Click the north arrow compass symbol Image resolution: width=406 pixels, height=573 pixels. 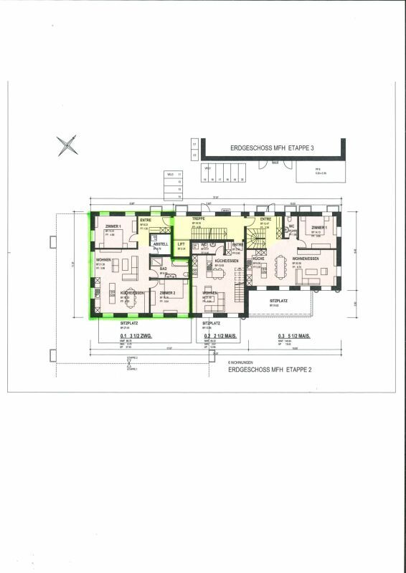(67, 146)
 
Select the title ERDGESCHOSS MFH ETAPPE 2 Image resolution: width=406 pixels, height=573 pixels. (261, 371)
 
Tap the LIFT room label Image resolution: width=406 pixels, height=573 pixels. (181, 244)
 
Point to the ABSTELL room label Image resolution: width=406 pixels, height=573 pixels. (160, 244)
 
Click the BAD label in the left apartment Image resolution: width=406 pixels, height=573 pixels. (163, 269)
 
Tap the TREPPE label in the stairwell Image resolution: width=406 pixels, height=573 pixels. (199, 218)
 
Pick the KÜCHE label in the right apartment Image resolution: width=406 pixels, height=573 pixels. (258, 258)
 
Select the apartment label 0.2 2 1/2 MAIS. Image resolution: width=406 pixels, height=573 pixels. (220, 336)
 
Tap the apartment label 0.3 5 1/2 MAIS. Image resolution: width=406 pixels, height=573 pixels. (294, 336)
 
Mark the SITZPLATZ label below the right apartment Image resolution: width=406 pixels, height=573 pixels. (278, 301)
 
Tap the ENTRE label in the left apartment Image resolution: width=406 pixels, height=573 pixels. (146, 220)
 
